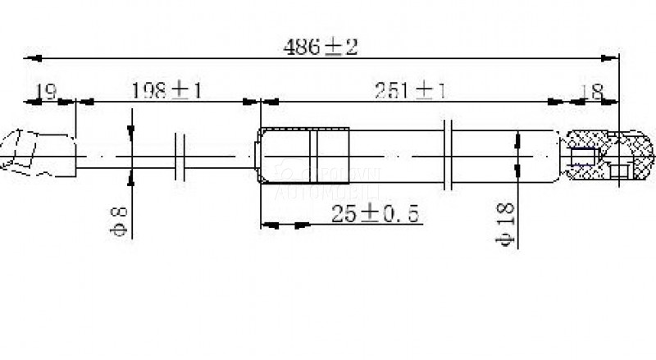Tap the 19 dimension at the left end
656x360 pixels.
(47, 91)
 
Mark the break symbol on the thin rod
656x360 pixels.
(182, 154)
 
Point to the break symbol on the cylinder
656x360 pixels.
(448, 154)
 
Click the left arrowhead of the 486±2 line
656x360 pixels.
(34, 58)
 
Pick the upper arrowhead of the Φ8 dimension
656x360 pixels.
(131, 131)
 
